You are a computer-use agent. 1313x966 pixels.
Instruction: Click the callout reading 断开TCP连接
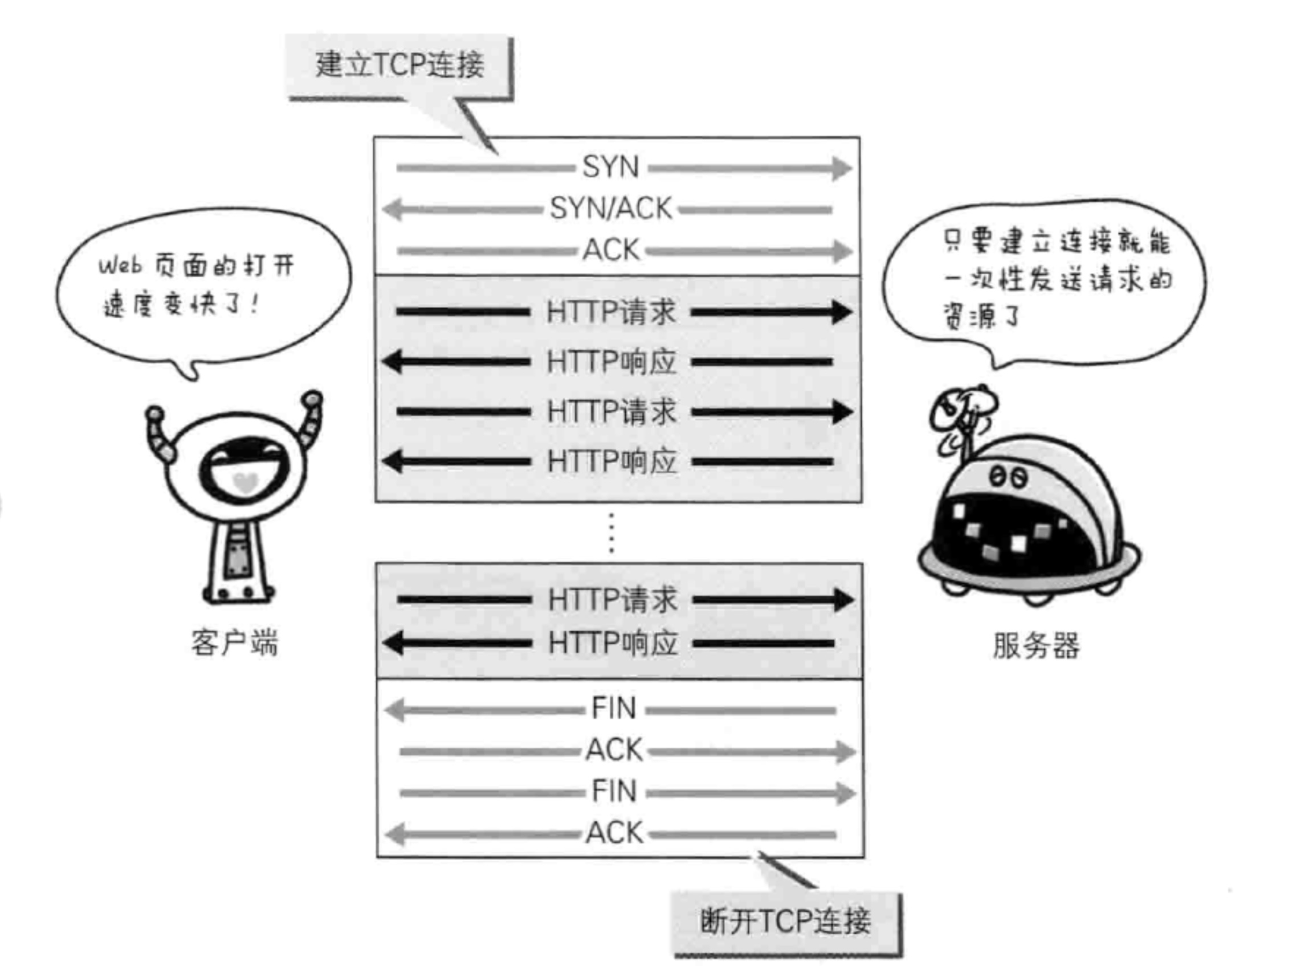(785, 922)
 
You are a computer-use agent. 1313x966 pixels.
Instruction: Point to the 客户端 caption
(235, 642)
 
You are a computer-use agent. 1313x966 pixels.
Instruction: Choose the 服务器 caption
(1036, 646)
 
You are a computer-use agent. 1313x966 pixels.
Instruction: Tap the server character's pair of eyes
(1008, 477)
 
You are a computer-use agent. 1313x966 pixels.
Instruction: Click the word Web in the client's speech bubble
(120, 267)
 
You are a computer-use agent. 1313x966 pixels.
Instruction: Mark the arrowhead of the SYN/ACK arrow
(392, 210)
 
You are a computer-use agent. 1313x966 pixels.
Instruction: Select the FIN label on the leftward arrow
(613, 708)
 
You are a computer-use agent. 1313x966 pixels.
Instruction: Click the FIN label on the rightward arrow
(613, 791)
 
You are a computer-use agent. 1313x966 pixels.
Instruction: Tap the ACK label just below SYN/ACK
(611, 249)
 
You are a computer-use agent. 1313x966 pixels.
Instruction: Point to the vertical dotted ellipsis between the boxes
(611, 533)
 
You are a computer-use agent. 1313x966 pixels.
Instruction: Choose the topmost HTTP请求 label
(611, 312)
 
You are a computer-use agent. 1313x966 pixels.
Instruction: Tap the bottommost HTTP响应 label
(613, 643)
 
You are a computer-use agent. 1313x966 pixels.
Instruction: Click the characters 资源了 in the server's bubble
(982, 316)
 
